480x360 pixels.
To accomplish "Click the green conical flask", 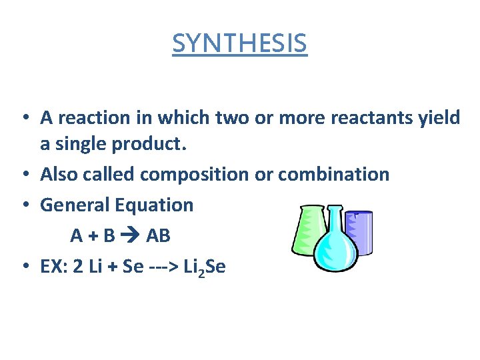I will click(x=308, y=230).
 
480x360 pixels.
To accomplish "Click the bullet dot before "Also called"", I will click(x=24, y=175).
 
